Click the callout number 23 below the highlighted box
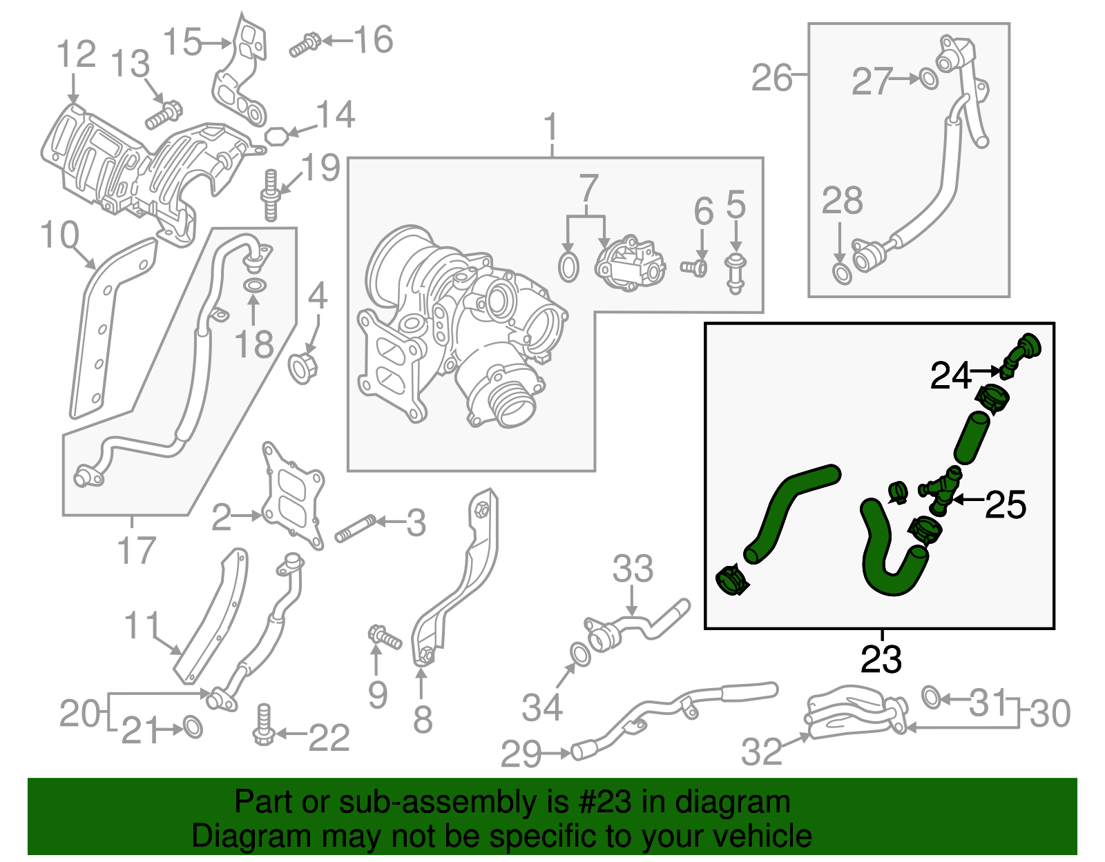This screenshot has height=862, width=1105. tap(881, 659)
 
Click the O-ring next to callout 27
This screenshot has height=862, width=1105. tap(930, 79)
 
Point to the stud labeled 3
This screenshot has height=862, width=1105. tap(354, 529)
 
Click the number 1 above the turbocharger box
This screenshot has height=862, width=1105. tap(550, 128)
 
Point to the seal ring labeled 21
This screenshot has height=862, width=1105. tap(193, 727)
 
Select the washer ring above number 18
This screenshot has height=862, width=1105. tap(254, 285)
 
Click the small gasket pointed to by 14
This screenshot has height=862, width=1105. tap(276, 135)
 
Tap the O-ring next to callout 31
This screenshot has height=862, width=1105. tap(931, 697)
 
